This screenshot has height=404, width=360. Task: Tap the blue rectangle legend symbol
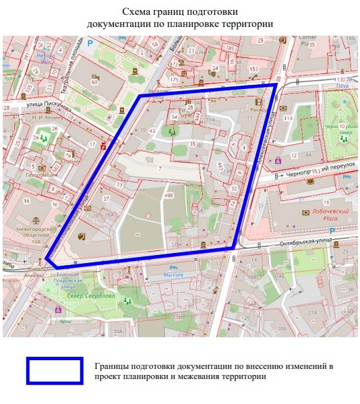(55, 371)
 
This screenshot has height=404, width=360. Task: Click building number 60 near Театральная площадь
(94, 82)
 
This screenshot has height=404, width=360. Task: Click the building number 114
(289, 119)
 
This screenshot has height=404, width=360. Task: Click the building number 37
(106, 198)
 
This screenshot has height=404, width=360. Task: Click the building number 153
(253, 69)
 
